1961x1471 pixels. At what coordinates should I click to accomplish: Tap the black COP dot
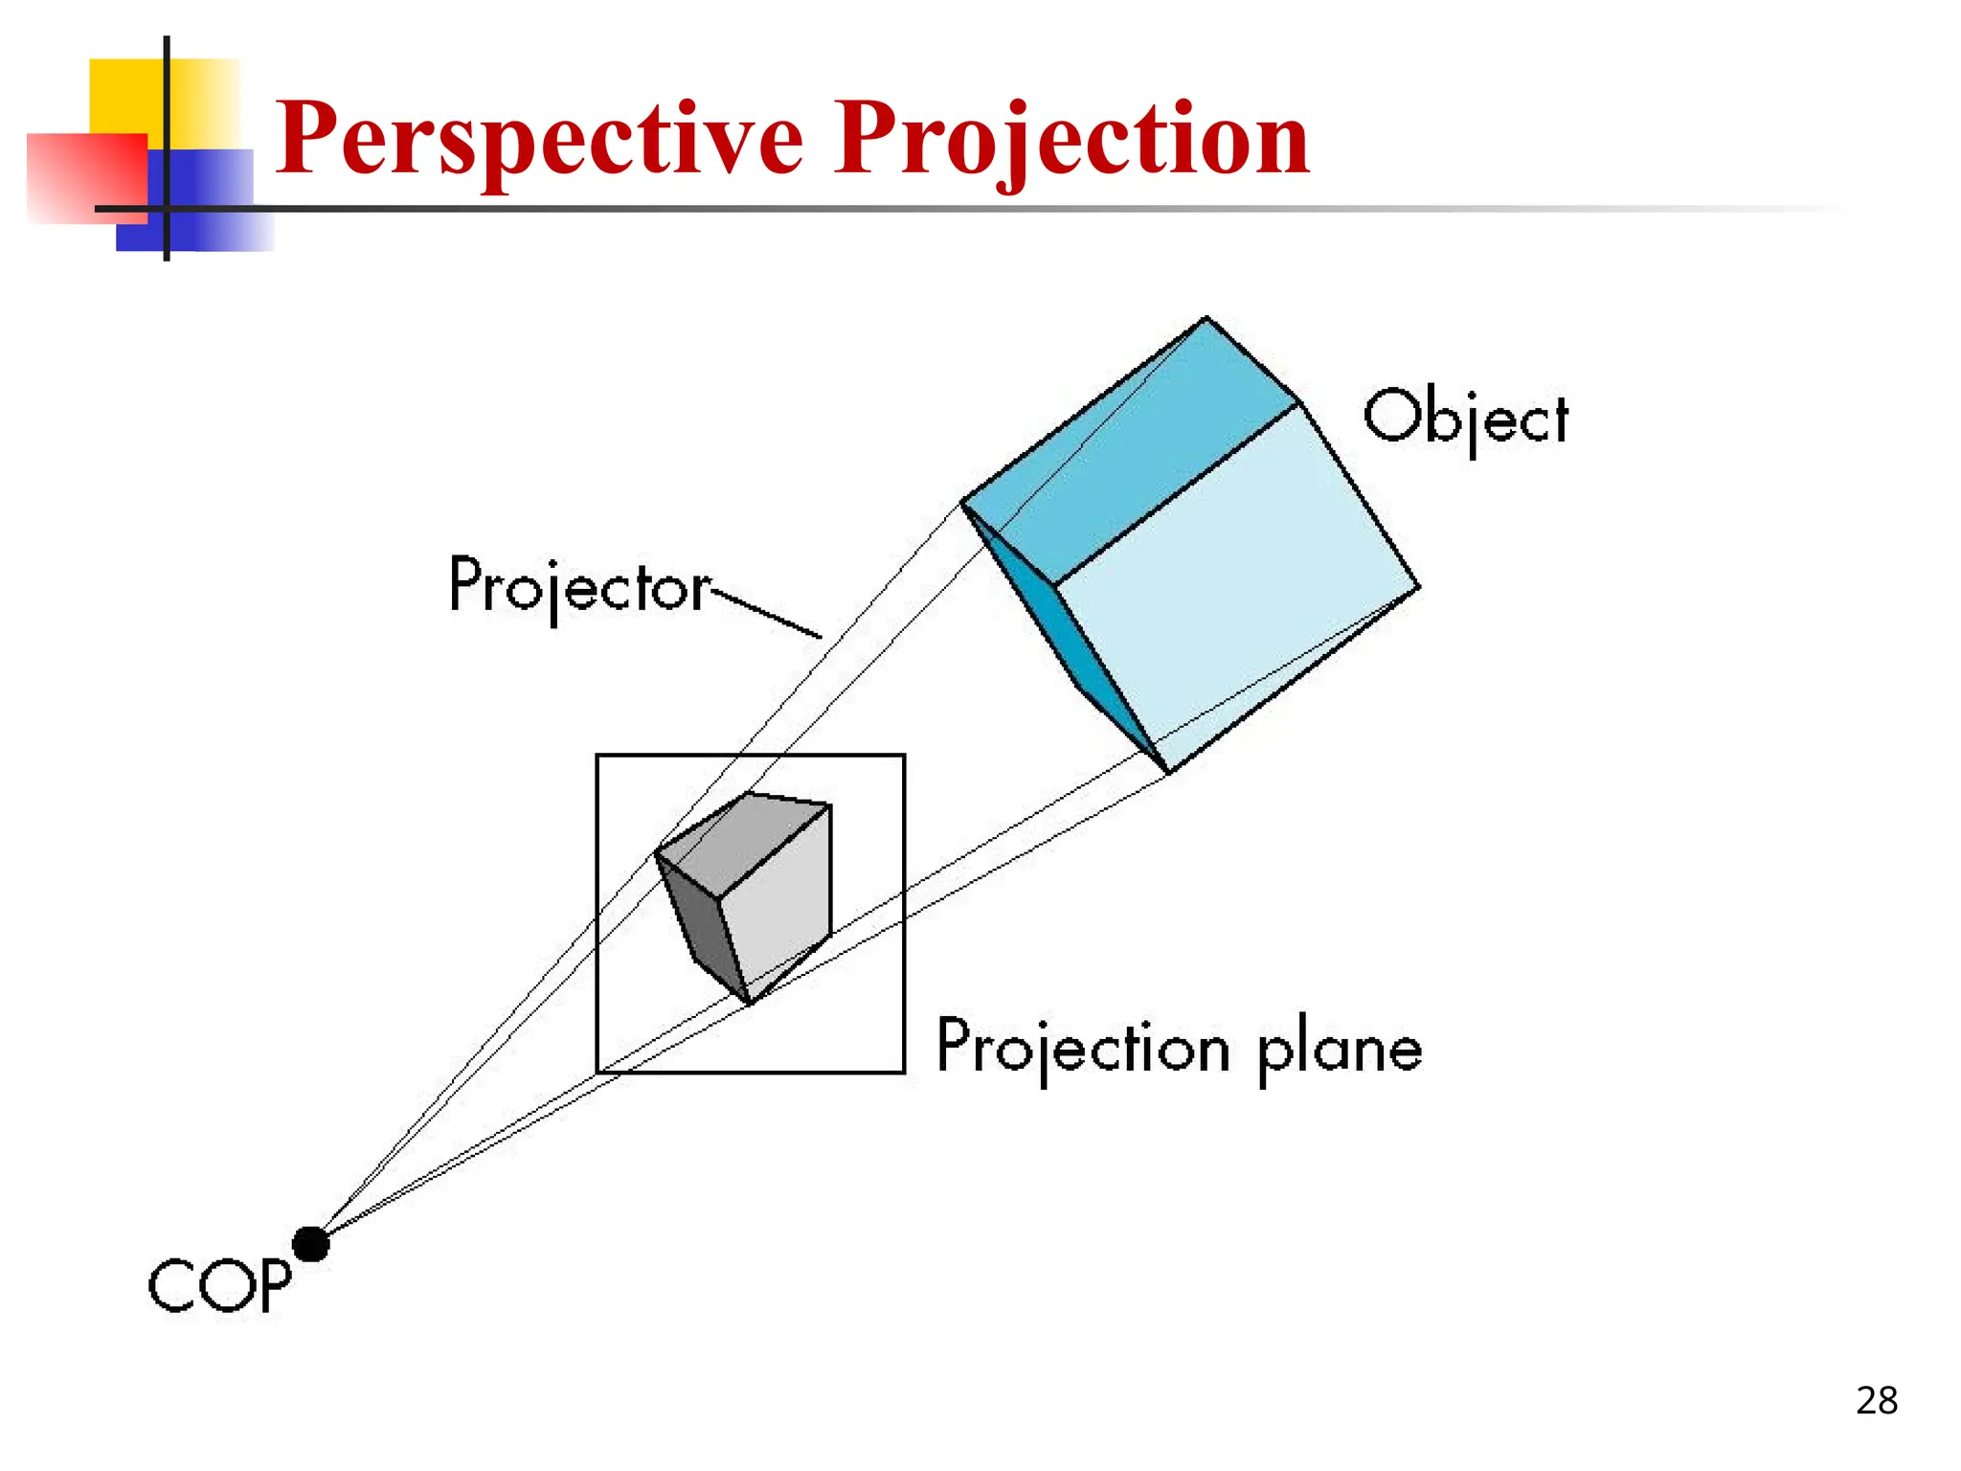pyautogui.click(x=310, y=1244)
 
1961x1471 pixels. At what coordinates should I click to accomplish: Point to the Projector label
pyautogui.click(x=579, y=585)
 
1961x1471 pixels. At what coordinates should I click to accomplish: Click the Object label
pyautogui.click(x=1466, y=419)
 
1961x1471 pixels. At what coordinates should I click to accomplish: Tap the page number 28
pyautogui.click(x=1876, y=1401)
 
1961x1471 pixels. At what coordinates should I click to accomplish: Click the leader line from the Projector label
pyautogui.click(x=766, y=614)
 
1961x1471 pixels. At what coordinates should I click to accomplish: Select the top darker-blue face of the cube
pyautogui.click(x=1130, y=450)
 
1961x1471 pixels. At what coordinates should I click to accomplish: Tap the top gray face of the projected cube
pyautogui.click(x=742, y=843)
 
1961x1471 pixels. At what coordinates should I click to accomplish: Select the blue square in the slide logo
pyautogui.click(x=211, y=201)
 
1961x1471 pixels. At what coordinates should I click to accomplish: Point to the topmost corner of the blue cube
pyautogui.click(x=1206, y=318)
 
